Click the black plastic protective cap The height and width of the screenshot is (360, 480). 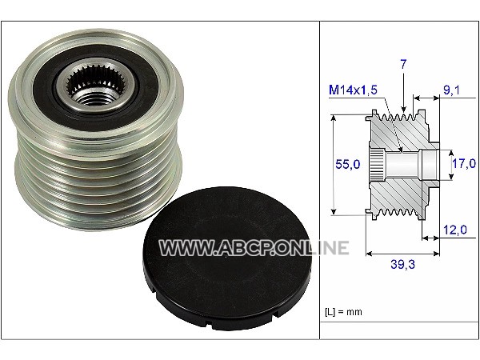click(x=227, y=258)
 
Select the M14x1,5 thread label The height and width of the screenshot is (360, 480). click(x=353, y=90)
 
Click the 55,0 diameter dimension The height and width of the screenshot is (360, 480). click(x=348, y=164)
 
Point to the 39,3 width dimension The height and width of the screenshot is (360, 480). click(x=402, y=264)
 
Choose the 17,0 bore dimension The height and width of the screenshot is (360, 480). click(x=464, y=163)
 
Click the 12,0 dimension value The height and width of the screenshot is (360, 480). click(x=455, y=230)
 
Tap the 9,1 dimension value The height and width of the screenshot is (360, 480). click(x=451, y=90)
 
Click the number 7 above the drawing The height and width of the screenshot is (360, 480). click(x=403, y=64)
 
